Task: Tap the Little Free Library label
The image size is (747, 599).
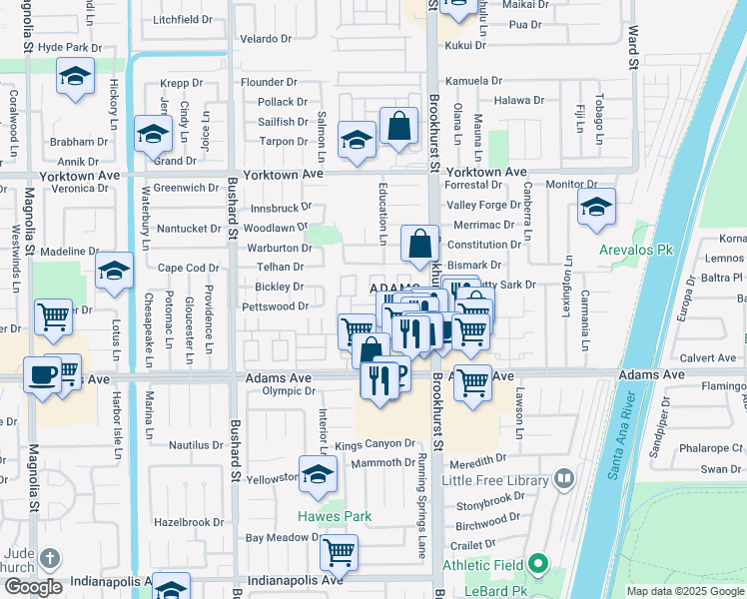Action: tap(493, 480)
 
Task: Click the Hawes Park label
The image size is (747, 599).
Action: tap(334, 516)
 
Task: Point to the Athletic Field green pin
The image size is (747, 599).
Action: tap(539, 565)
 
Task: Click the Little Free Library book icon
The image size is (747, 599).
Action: tap(564, 480)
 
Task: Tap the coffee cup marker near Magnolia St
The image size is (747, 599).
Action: tap(42, 375)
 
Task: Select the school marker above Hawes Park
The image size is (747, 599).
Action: tap(318, 474)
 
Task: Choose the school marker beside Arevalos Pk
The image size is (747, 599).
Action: tap(596, 209)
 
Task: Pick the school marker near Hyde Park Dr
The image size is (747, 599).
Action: tap(75, 77)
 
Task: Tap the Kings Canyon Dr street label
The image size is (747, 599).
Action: tap(374, 444)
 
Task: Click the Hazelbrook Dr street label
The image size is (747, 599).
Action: tap(189, 522)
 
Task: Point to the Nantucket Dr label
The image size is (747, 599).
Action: tap(189, 229)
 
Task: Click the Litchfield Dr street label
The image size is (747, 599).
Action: tap(184, 20)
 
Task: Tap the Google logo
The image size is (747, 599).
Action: tap(32, 587)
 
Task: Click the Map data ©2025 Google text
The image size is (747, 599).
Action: tap(685, 591)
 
